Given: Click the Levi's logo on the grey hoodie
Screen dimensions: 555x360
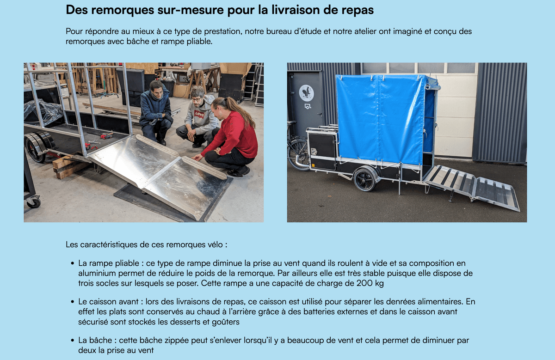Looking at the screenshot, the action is pyautogui.click(x=199, y=115).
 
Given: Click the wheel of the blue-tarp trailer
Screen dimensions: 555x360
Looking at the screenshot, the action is pyautogui.click(x=365, y=179).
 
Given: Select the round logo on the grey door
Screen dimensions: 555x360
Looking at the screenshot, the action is pyautogui.click(x=307, y=93).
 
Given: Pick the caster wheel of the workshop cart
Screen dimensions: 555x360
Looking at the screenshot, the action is pyautogui.click(x=34, y=202).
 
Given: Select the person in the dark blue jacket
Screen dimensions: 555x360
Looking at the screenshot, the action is pyautogui.click(x=155, y=113).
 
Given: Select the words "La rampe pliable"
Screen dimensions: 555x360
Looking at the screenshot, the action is pyautogui.click(x=109, y=263).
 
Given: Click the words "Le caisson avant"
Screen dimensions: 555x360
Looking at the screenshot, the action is pyautogui.click(x=108, y=302).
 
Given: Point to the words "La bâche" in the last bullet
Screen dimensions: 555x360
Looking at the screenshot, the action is pyautogui.click(x=95, y=340).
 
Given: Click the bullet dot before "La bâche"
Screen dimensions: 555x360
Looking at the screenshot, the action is pyautogui.click(x=72, y=341).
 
